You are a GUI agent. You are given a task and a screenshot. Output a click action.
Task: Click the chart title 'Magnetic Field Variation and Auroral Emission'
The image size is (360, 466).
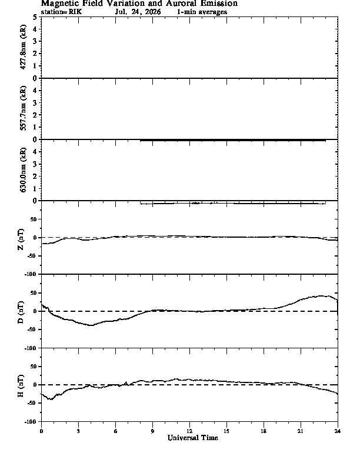[x=139, y=4]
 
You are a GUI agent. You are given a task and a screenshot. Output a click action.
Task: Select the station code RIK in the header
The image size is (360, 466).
[x=75, y=12]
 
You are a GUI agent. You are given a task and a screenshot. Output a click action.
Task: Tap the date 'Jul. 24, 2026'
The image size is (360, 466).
[x=138, y=12]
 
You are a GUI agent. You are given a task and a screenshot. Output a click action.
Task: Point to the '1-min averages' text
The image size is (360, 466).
[x=202, y=12]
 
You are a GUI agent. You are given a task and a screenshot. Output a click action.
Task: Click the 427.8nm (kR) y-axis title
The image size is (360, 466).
[x=23, y=47]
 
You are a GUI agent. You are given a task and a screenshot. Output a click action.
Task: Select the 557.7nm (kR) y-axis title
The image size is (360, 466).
[x=23, y=108]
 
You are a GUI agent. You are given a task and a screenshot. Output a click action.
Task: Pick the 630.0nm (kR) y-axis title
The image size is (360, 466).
[x=23, y=169]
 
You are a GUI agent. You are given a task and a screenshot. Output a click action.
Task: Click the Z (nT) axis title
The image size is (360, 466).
[x=21, y=239]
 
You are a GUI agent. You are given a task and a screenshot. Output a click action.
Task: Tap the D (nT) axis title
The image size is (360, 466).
[x=21, y=312]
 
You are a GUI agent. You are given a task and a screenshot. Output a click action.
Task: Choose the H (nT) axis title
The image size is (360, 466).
[x=21, y=386]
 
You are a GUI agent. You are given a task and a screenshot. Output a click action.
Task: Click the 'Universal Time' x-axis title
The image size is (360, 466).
[x=193, y=438]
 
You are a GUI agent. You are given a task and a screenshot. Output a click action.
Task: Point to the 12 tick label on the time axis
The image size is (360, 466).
[x=189, y=431]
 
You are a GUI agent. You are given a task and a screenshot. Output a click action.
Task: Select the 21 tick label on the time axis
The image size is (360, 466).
[x=301, y=431]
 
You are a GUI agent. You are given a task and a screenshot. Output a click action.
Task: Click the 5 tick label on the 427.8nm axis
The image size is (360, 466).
[x=35, y=17]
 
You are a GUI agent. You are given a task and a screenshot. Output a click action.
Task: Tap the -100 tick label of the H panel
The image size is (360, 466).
[x=31, y=421]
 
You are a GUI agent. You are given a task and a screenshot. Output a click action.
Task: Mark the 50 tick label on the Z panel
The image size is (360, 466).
[x=34, y=219]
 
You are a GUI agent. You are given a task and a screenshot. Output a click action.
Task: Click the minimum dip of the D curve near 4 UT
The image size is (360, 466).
[x=91, y=325]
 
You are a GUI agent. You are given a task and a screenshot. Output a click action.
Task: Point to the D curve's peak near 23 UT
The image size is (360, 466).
[x=321, y=296]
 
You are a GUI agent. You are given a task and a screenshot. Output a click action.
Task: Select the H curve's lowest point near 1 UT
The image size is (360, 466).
[x=51, y=400]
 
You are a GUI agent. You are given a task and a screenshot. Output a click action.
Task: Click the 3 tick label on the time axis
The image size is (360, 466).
[x=78, y=431]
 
